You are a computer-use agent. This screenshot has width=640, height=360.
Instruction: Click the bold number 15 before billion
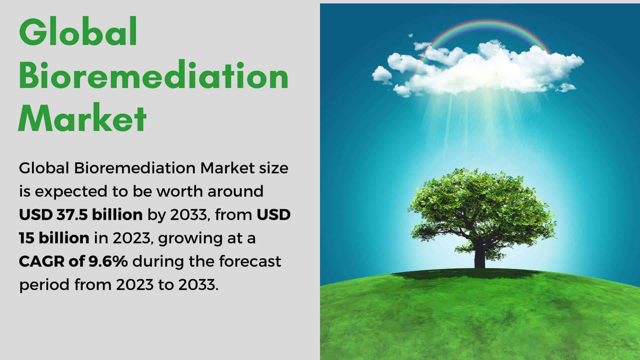(27, 238)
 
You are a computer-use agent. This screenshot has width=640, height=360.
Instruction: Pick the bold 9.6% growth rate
(107, 261)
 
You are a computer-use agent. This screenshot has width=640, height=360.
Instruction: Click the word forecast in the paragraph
(250, 261)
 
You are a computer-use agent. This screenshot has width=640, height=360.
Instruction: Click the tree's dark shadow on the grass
(467, 274)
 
